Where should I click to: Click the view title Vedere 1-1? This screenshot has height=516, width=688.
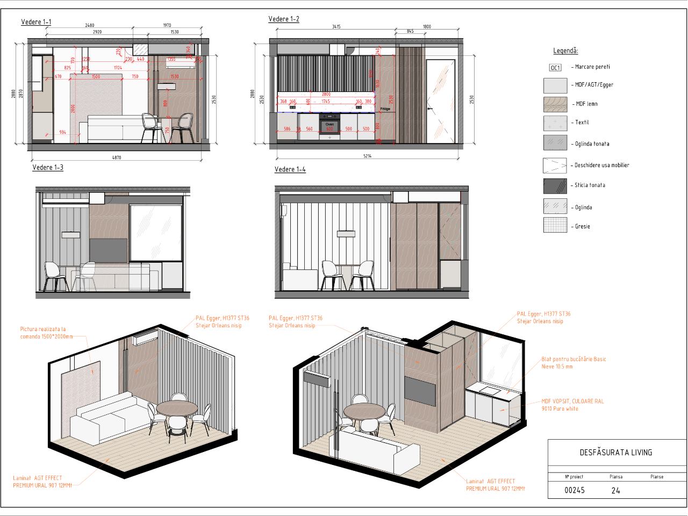click(36, 22)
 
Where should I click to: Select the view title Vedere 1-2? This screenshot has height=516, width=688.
click(284, 19)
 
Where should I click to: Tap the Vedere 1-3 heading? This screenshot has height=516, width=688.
click(48, 168)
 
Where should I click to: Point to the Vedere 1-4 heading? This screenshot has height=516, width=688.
click(290, 169)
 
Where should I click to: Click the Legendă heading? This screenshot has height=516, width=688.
click(565, 51)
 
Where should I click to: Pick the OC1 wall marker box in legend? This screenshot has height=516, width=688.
click(555, 68)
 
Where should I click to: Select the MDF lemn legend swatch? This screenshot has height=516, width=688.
click(555, 104)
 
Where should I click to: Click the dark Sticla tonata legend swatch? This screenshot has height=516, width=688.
click(555, 186)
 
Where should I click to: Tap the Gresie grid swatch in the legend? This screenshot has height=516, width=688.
click(555, 225)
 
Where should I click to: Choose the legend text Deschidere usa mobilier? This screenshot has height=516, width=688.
click(601, 166)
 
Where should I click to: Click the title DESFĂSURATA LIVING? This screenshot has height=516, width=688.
click(616, 453)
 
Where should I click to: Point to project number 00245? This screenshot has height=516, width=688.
click(575, 490)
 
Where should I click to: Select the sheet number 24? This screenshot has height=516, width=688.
click(616, 490)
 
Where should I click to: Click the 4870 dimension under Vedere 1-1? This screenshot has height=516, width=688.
click(117, 157)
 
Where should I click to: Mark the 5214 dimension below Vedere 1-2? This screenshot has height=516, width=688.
click(367, 156)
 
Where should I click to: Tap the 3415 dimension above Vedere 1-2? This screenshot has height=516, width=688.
click(336, 26)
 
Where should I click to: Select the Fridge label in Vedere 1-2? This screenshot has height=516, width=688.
click(385, 109)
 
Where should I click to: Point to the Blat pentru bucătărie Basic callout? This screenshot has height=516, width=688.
click(574, 363)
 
